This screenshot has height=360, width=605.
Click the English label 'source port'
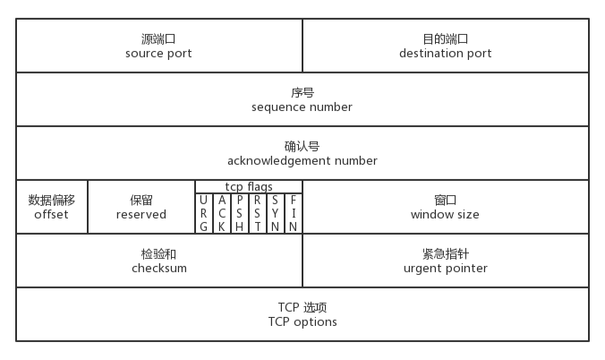(x=159, y=54)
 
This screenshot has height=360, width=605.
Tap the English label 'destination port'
(x=445, y=54)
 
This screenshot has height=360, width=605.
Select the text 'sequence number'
(x=302, y=107)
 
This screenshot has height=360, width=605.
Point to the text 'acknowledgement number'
(x=302, y=161)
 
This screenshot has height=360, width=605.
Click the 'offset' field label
(x=51, y=215)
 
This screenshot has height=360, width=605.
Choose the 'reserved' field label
(x=141, y=215)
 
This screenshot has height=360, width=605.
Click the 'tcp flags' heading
(x=249, y=186)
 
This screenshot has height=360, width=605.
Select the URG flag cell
(x=204, y=213)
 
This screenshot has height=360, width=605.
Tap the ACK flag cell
(x=222, y=213)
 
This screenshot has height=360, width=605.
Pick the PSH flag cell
(x=240, y=213)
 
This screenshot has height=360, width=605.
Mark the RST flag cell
(x=258, y=213)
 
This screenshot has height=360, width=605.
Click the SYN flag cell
(x=276, y=213)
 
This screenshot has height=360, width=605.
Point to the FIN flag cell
(x=294, y=213)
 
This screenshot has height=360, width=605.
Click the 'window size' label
(x=445, y=215)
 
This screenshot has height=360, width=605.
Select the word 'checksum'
(x=159, y=269)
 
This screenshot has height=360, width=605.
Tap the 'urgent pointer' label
(x=445, y=269)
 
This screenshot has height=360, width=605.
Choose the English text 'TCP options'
(x=302, y=322)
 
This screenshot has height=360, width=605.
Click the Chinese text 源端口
(x=159, y=39)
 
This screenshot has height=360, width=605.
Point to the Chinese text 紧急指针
(x=445, y=254)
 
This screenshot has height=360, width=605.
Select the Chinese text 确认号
(x=302, y=146)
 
